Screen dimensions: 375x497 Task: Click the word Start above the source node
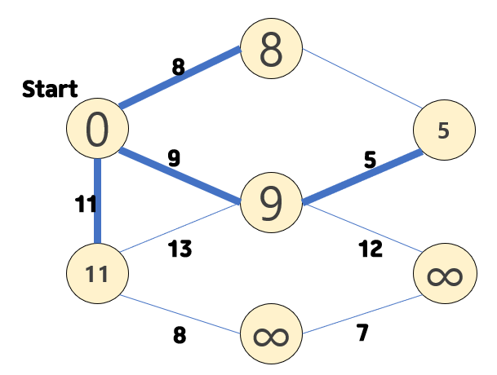coord(50,89)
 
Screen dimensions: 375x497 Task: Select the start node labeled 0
coord(97,130)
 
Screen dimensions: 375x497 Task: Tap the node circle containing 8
coord(271,49)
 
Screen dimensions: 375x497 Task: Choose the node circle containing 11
coord(97,273)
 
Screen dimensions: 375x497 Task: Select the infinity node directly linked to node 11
coord(271,335)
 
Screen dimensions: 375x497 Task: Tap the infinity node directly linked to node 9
coord(444,276)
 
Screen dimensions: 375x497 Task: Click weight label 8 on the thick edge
coord(178,67)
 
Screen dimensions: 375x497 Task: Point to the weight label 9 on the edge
coord(174,158)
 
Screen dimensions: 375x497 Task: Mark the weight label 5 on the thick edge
coord(370,161)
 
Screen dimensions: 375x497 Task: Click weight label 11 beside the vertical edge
coord(86,205)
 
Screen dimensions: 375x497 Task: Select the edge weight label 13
coord(180,249)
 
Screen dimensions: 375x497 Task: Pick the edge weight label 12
coord(371,249)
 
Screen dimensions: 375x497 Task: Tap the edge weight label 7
coord(362,332)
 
